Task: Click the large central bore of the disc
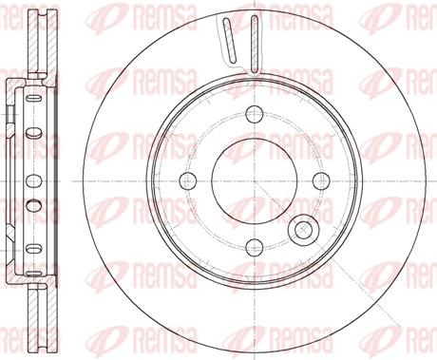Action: click(255, 181)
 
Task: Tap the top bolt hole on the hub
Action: click(255, 114)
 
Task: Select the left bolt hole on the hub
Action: click(188, 181)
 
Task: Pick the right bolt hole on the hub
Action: click(321, 181)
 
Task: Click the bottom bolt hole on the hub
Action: click(255, 248)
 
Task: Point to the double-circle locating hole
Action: click(302, 228)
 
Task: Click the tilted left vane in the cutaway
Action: click(229, 40)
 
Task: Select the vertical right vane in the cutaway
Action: click(255, 43)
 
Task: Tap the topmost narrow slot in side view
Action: click(34, 98)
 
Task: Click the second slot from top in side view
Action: click(34, 132)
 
